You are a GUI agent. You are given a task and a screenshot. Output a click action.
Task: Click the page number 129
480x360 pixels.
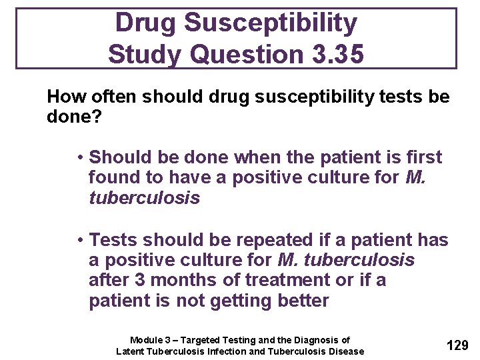pyautogui.click(x=457, y=345)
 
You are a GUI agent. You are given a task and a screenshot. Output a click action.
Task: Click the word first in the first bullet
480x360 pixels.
pyautogui.click(x=421, y=157)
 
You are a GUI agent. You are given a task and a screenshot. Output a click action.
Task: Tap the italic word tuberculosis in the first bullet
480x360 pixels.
pyautogui.click(x=144, y=199)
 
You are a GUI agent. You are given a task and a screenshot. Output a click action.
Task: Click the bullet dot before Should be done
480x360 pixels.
pyautogui.click(x=79, y=157)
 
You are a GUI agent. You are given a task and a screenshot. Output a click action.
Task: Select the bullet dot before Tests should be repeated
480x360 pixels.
pyautogui.click(x=79, y=240)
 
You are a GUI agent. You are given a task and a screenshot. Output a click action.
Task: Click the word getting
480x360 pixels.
pyautogui.click(x=236, y=301)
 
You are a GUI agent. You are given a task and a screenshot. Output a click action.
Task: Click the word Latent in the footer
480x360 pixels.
pyautogui.click(x=132, y=351)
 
